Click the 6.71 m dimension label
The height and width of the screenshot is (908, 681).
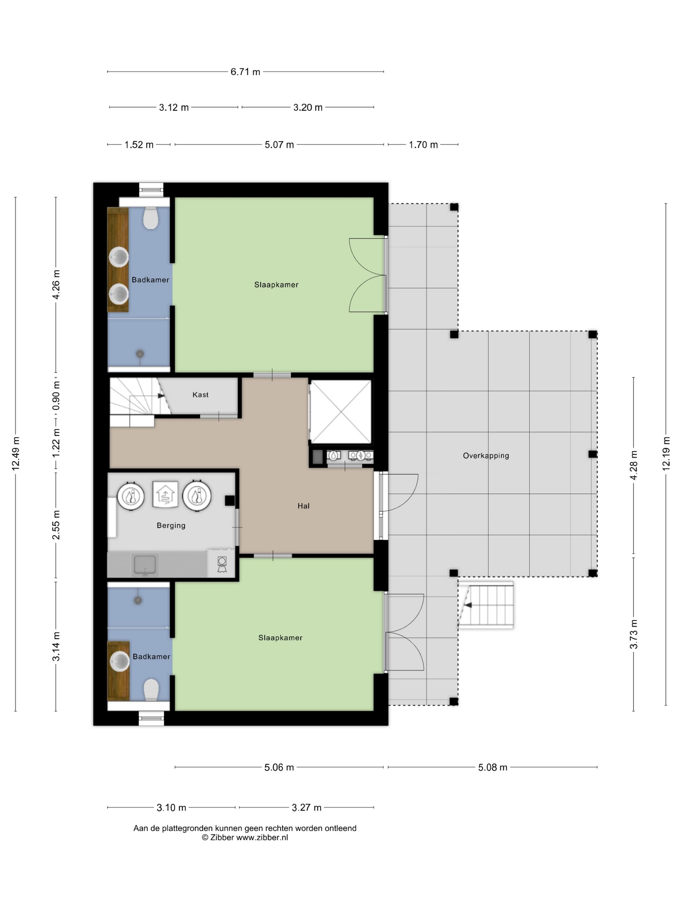pyautogui.click(x=245, y=72)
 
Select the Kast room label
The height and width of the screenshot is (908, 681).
pyautogui.click(x=200, y=394)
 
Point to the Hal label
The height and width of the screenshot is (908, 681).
pyautogui.click(x=303, y=506)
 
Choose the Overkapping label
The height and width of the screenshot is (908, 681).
pyautogui.click(x=486, y=456)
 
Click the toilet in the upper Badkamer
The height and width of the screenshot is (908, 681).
pyautogui.click(x=151, y=218)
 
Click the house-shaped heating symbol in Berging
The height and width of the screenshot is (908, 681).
pyautogui.click(x=165, y=494)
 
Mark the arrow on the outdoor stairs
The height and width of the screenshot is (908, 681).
pyautogui.click(x=468, y=605)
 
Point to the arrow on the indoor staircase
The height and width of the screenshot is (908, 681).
pyautogui.click(x=161, y=396)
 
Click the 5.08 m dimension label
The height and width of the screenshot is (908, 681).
pyautogui.click(x=493, y=767)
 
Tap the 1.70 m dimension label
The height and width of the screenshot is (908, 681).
pyautogui.click(x=423, y=144)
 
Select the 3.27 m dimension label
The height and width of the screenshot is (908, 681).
pyautogui.click(x=307, y=807)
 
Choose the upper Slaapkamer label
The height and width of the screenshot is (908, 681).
pyautogui.click(x=276, y=285)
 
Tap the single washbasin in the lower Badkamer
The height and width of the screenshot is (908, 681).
pyautogui.click(x=119, y=660)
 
